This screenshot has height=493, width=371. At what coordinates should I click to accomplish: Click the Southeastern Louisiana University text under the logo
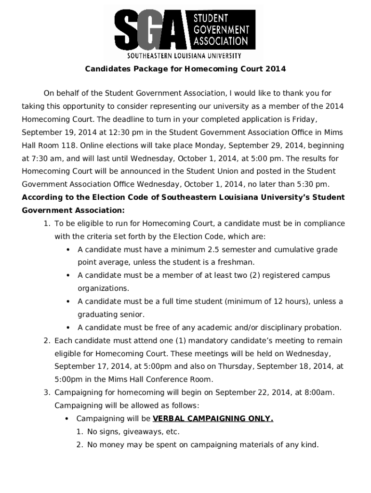[x=184, y=56]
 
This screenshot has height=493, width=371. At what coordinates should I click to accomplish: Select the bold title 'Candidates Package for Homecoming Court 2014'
[x=185, y=69]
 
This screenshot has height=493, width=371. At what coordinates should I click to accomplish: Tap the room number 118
[x=69, y=145]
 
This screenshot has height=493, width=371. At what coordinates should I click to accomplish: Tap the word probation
[x=324, y=327]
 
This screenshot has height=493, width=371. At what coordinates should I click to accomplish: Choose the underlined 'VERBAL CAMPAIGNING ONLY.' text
[x=212, y=418]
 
